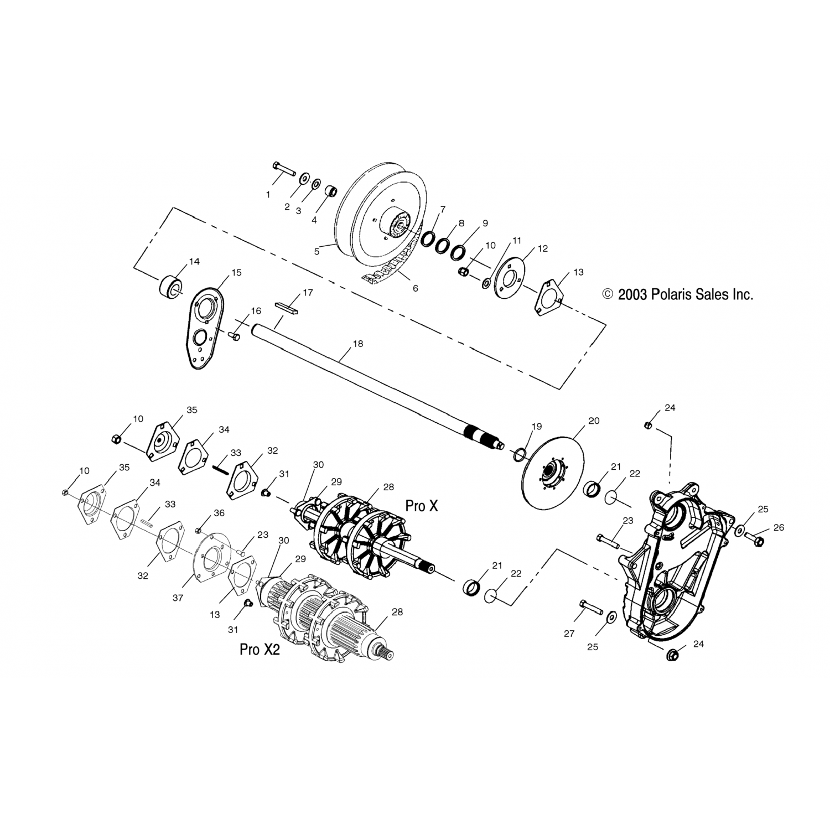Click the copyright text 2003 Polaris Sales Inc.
[678, 294]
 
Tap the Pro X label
[422, 506]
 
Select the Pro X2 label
[260, 649]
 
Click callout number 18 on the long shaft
[358, 344]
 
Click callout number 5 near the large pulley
[317, 251]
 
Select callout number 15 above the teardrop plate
[236, 273]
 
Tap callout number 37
[178, 598]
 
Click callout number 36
[219, 513]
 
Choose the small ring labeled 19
[520, 455]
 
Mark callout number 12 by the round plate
[542, 248]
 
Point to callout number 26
[779, 528]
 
